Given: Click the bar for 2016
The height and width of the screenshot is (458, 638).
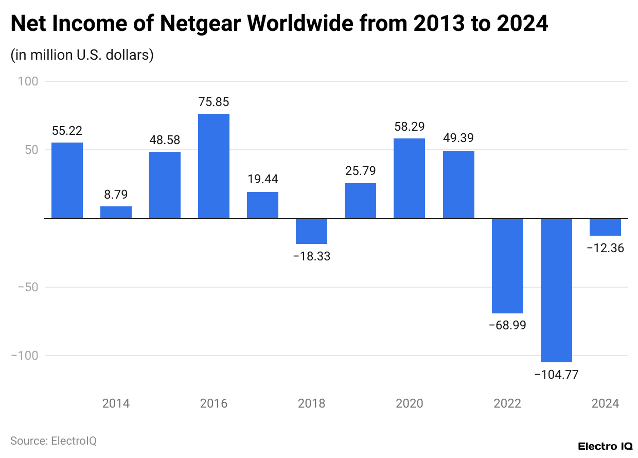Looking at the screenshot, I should [x=214, y=166].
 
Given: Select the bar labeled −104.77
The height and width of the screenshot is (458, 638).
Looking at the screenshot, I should [x=556, y=290].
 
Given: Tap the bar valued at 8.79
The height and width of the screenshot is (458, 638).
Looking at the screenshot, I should [x=116, y=212].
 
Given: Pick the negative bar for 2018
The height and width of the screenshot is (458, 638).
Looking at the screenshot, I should [x=311, y=231].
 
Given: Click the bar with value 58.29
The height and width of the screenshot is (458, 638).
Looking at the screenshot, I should [x=409, y=178].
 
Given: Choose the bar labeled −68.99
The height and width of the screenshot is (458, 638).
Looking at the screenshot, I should [x=507, y=266].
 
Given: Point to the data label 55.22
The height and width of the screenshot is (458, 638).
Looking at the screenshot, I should [x=67, y=131].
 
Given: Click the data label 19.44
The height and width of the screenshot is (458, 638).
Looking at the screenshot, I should [x=262, y=180].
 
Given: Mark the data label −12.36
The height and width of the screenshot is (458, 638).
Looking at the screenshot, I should [x=605, y=248].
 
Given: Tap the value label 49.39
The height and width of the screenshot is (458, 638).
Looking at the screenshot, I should [x=458, y=138].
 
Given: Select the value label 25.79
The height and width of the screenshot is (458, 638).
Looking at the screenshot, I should [x=360, y=171].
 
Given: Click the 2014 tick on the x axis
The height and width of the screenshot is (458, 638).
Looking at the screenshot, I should [x=116, y=403].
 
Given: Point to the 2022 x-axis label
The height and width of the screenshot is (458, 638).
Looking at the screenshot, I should [x=507, y=403].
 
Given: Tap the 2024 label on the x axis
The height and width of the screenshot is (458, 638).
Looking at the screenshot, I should [x=605, y=403].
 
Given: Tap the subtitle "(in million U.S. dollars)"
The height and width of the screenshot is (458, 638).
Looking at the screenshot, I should [x=82, y=55].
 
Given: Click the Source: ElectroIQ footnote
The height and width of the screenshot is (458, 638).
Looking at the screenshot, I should [x=54, y=441].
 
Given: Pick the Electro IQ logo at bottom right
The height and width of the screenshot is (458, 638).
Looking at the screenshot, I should [x=605, y=446].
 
